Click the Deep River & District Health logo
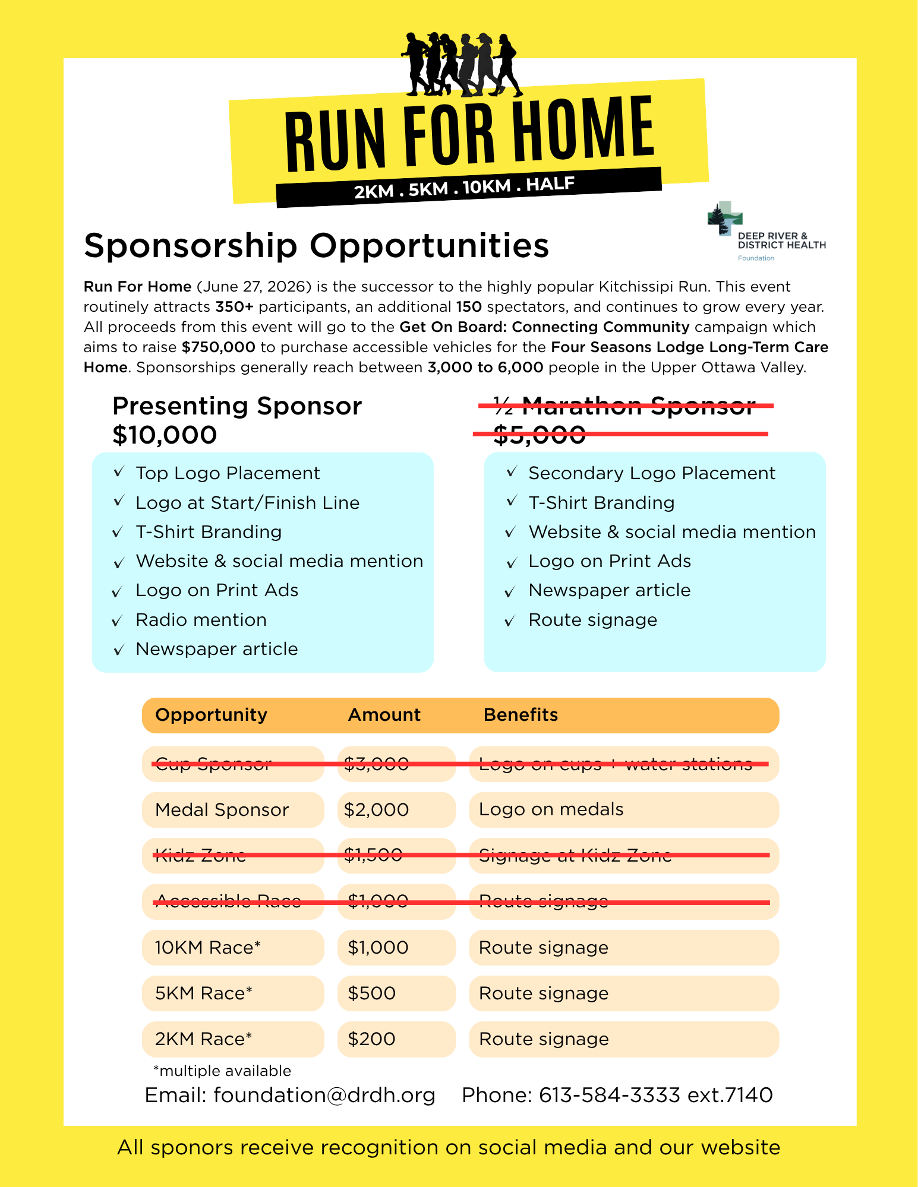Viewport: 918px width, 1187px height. (766, 231)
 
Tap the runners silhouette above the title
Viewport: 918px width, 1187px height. (462, 65)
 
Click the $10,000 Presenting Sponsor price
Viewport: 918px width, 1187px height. (165, 435)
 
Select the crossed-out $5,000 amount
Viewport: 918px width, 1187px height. (540, 435)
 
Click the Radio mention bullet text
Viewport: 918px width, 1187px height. (201, 620)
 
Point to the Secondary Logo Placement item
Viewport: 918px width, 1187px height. (652, 473)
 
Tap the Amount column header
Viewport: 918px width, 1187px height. (384, 715)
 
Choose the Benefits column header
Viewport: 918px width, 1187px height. (520, 715)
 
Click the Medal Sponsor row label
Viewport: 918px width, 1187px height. (222, 810)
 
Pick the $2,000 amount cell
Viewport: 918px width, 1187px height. (377, 810)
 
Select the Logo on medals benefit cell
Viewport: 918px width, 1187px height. (551, 810)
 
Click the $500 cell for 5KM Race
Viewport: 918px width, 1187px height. (372, 993)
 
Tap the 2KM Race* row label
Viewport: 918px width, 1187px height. (203, 1039)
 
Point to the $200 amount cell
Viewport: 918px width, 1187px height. (372, 1039)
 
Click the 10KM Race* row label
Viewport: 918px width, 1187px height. (207, 948)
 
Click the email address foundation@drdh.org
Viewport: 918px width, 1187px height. (324, 1095)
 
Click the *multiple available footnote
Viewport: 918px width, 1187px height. (222, 1071)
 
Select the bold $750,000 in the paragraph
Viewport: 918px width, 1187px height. (219, 347)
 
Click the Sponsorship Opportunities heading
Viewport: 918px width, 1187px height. (316, 246)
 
